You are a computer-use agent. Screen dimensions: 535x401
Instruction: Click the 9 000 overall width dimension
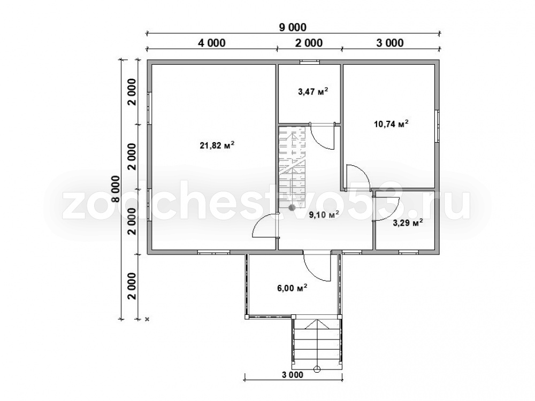point(293,27)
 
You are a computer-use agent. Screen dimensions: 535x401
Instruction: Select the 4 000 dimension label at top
point(211,43)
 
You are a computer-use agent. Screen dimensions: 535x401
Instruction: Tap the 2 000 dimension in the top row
point(309,43)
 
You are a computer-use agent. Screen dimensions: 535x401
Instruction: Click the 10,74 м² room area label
point(392,124)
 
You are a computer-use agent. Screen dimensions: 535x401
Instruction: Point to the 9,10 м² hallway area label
point(324,214)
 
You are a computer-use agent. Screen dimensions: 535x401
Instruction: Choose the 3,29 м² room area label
point(408,223)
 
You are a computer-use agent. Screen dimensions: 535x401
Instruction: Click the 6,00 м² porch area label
point(292,288)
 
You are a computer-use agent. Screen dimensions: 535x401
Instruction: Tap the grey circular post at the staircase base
point(292,207)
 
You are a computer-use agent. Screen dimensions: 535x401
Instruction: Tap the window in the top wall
point(310,62)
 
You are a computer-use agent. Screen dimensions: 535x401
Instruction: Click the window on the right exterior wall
point(437,126)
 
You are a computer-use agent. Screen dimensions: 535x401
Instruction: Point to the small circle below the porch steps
point(317,368)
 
